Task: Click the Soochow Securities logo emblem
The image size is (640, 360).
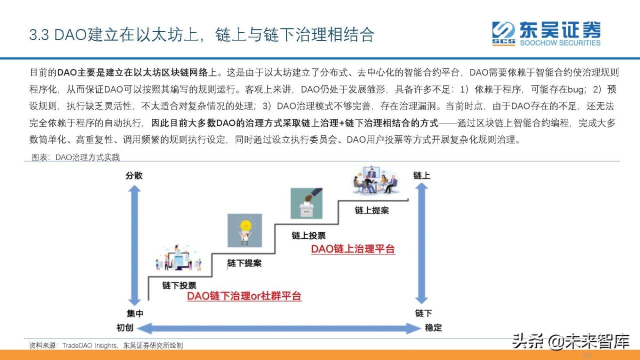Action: click(503, 33)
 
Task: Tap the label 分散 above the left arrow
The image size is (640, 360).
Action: click(134, 175)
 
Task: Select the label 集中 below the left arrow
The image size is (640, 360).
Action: click(134, 313)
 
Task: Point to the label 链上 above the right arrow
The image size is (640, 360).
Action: click(421, 175)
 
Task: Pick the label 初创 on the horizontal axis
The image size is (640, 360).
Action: click(125, 328)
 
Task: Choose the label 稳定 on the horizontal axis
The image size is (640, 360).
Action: click(433, 328)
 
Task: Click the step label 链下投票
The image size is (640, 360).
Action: click(179, 285)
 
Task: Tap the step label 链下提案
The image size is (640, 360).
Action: click(244, 263)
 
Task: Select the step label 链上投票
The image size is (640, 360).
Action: click(308, 235)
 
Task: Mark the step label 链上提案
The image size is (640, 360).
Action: click(371, 210)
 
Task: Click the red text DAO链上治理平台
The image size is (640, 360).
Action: click(353, 249)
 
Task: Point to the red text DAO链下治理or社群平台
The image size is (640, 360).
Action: click(244, 296)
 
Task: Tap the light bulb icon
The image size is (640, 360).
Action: click(244, 230)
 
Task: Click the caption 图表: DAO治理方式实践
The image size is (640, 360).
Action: click(75, 157)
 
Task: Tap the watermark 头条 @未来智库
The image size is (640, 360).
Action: click(570, 342)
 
